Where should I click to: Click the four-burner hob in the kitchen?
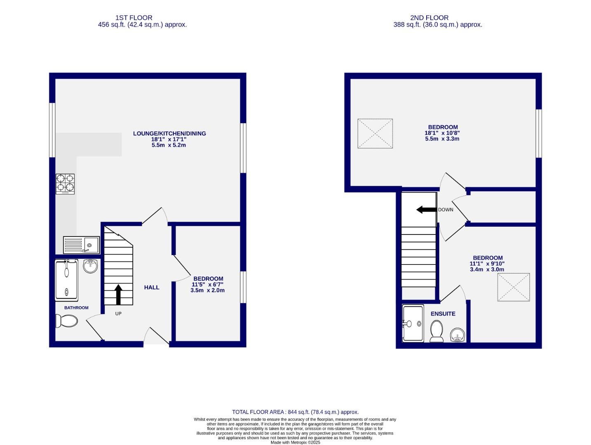coord(65,184)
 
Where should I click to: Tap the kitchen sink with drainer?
coord(81,245)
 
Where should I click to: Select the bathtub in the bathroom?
coord(66,280)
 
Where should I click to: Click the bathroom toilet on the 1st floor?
coord(66,321)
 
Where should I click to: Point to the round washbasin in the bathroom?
coord(90,266)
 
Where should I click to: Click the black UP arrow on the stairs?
coord(118,294)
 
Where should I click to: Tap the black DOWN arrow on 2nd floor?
coord(426,210)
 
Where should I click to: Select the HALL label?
coord(152,287)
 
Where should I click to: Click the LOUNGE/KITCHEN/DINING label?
coord(169,133)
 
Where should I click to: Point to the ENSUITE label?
coord(443,314)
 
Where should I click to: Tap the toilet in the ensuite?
coord(436,331)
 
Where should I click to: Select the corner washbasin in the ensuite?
coord(458,335)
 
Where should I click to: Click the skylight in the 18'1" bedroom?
coord(375,133)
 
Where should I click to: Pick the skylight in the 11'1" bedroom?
coord(514,287)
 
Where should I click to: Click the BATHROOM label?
coord(76,308)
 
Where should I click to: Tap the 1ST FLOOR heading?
coord(134,18)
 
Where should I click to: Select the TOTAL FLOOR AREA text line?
coord(295,412)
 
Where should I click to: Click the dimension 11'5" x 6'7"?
coord(208,284)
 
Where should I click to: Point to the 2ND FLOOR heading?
coord(429,18)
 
